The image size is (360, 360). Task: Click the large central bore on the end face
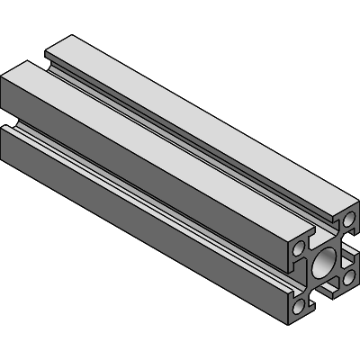point(323,264)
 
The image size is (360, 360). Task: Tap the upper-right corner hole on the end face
point(347,219)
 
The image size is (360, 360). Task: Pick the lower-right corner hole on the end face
point(347,279)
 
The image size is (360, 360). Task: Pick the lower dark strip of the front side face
point(135,207)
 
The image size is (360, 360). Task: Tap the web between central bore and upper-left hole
point(310,255)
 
